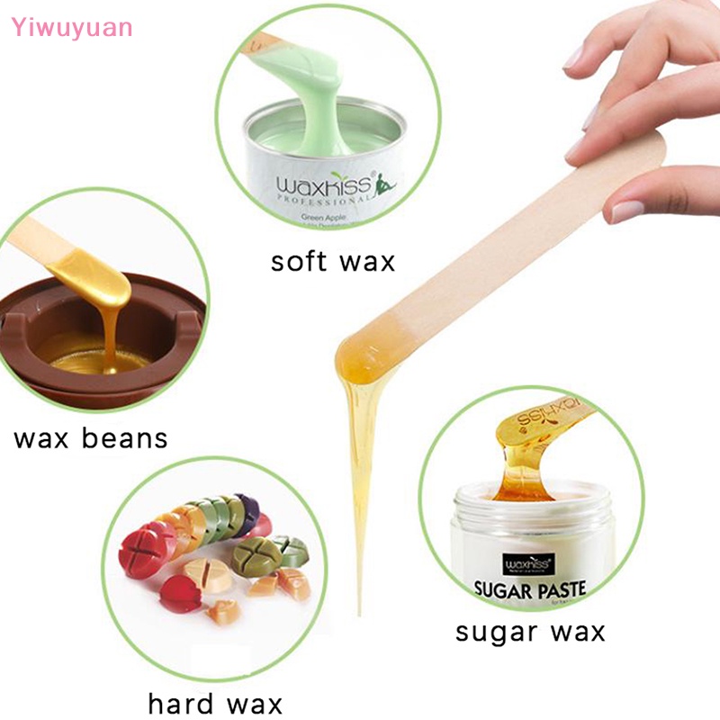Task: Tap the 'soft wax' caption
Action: [332, 261]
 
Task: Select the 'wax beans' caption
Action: [91, 438]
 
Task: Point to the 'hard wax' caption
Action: [215, 702]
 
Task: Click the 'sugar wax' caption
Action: [530, 631]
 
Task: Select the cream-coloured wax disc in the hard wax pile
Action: [206, 572]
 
